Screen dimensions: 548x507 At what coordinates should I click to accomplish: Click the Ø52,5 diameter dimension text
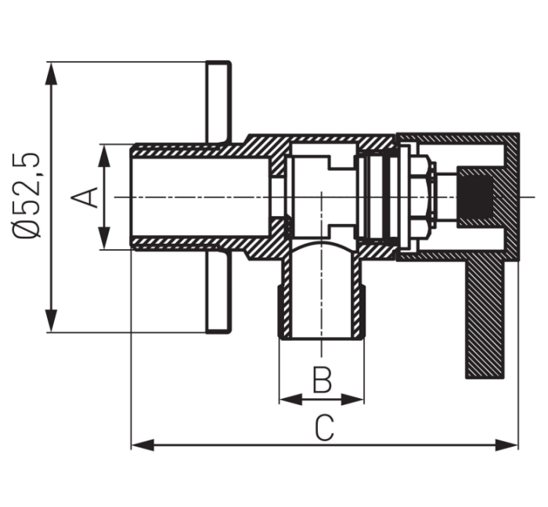(x=27, y=195)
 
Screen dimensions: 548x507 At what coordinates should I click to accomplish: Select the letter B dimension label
(x=322, y=380)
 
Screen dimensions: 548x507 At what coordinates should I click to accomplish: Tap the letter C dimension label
(x=324, y=428)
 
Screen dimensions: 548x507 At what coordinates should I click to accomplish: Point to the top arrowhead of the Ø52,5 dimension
(x=52, y=74)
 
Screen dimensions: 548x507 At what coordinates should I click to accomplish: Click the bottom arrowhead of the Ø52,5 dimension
(x=52, y=320)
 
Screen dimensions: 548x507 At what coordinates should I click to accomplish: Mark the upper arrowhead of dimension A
(x=104, y=156)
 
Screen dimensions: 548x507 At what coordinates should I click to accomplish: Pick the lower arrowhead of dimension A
(x=104, y=238)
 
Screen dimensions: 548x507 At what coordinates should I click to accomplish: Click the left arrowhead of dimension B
(x=291, y=399)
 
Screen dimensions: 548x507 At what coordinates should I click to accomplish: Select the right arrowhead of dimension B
(x=352, y=399)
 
